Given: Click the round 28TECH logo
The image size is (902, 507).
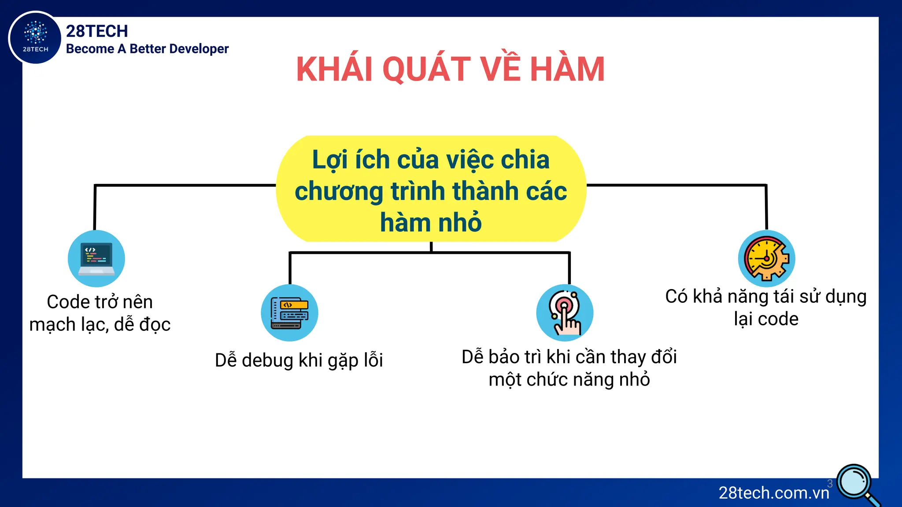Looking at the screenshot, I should pyautogui.click(x=35, y=37).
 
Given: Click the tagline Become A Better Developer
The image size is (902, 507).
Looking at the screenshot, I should pyautogui.click(x=147, y=49).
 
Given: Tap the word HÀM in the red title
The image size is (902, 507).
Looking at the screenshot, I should pyautogui.click(x=567, y=70).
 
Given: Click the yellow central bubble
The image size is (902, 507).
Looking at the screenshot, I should pyautogui.click(x=431, y=189).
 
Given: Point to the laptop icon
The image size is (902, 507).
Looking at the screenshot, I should pyautogui.click(x=96, y=258).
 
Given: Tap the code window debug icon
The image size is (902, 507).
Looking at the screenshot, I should pyautogui.click(x=289, y=312).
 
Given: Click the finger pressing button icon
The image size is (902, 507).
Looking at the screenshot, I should pyautogui.click(x=565, y=312).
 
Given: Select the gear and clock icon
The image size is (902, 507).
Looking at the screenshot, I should pyautogui.click(x=766, y=258).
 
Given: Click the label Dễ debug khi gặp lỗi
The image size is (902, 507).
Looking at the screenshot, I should pyautogui.click(x=299, y=360).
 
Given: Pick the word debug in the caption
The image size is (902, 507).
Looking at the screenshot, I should pyautogui.click(x=267, y=360).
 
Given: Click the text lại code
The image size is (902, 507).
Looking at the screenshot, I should pyautogui.click(x=766, y=319).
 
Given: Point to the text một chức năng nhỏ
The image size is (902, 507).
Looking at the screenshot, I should pyautogui.click(x=569, y=379).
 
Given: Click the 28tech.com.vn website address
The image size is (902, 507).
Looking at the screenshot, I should pyautogui.click(x=774, y=493).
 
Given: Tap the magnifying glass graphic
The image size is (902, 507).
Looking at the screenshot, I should pyautogui.click(x=856, y=483).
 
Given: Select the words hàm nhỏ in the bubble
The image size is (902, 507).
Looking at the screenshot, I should pyautogui.click(x=431, y=222).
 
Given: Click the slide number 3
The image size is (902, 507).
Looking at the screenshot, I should pyautogui.click(x=830, y=483).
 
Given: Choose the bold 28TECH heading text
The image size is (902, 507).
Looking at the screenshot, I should pyautogui.click(x=97, y=31).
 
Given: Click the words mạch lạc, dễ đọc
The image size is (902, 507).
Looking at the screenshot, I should pyautogui.click(x=100, y=325).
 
